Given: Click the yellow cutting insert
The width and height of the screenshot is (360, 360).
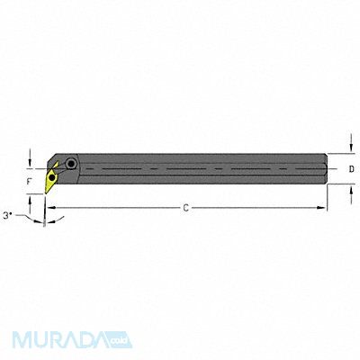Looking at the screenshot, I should (x=53, y=171).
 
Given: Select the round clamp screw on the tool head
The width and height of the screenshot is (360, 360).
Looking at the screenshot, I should (x=71, y=164).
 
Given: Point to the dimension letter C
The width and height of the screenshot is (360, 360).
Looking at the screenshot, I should (x=184, y=209).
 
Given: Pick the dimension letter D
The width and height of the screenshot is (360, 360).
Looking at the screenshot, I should (x=351, y=168).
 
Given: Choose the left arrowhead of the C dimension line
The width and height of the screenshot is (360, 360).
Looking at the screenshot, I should (x=50, y=208).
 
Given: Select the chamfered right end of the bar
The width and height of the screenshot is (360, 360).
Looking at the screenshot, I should (x=325, y=168).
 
